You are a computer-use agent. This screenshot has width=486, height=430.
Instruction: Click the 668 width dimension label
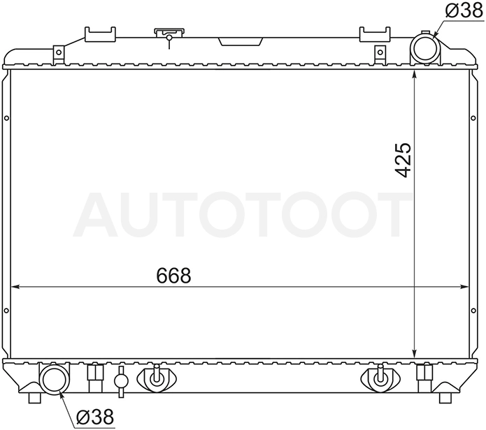(x=173, y=275)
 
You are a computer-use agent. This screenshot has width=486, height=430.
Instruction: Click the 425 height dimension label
(x=403, y=161)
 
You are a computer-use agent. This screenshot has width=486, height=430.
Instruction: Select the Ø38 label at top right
(x=464, y=10)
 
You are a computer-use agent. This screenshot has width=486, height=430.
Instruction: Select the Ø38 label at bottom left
(x=96, y=417)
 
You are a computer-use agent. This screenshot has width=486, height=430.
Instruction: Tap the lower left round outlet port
(x=55, y=380)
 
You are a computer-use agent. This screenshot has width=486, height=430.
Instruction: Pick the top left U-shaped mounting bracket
(x=101, y=34)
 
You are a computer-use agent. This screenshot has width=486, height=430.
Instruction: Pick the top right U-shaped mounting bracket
(x=375, y=34)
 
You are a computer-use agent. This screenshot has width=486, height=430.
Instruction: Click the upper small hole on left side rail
(x=6, y=118)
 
